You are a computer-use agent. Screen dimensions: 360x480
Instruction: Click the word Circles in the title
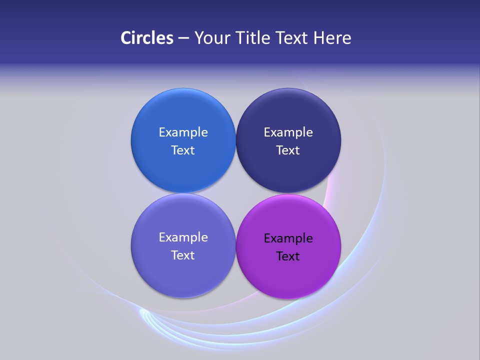(147, 38)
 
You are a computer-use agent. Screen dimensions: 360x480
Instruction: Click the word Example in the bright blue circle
(183, 132)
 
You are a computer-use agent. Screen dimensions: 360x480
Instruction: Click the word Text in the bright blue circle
(183, 150)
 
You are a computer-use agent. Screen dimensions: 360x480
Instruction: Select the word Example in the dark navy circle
(288, 132)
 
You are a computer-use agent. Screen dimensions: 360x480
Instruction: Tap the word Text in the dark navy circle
(288, 150)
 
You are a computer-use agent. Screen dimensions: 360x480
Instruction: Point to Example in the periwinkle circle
(183, 237)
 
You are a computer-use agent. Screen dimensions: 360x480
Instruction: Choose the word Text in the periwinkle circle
(183, 255)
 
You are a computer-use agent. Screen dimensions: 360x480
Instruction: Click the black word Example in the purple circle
(288, 238)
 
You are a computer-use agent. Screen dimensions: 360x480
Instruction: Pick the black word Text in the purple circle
(288, 256)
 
